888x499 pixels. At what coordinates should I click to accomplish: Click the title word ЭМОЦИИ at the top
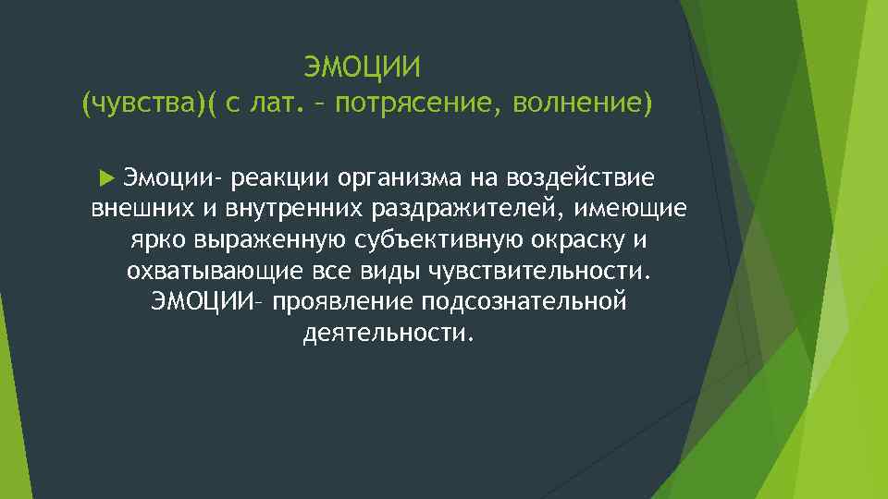(x=363, y=67)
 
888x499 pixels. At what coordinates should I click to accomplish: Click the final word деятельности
(x=388, y=335)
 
